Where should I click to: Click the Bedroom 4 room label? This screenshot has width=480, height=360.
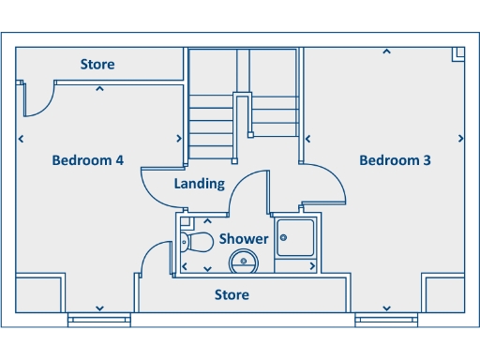pyautogui.click(x=87, y=160)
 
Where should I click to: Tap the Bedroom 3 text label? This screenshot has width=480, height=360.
pyautogui.click(x=395, y=160)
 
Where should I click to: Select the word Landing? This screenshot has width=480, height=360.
pyautogui.click(x=199, y=184)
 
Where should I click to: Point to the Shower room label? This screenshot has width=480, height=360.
pyautogui.click(x=244, y=239)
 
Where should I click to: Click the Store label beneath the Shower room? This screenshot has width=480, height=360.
pyautogui.click(x=232, y=295)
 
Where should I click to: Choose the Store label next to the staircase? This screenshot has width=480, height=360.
pyautogui.click(x=97, y=65)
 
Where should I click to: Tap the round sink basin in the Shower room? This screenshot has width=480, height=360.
pyautogui.click(x=244, y=261)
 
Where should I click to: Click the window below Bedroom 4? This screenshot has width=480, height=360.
pyautogui.click(x=98, y=320)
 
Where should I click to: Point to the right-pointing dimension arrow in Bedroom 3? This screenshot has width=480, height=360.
pyautogui.click(x=460, y=139)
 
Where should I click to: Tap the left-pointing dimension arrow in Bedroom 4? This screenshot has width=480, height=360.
pyautogui.click(x=21, y=139)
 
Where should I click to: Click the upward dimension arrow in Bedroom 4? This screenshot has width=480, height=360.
pyautogui.click(x=99, y=90)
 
